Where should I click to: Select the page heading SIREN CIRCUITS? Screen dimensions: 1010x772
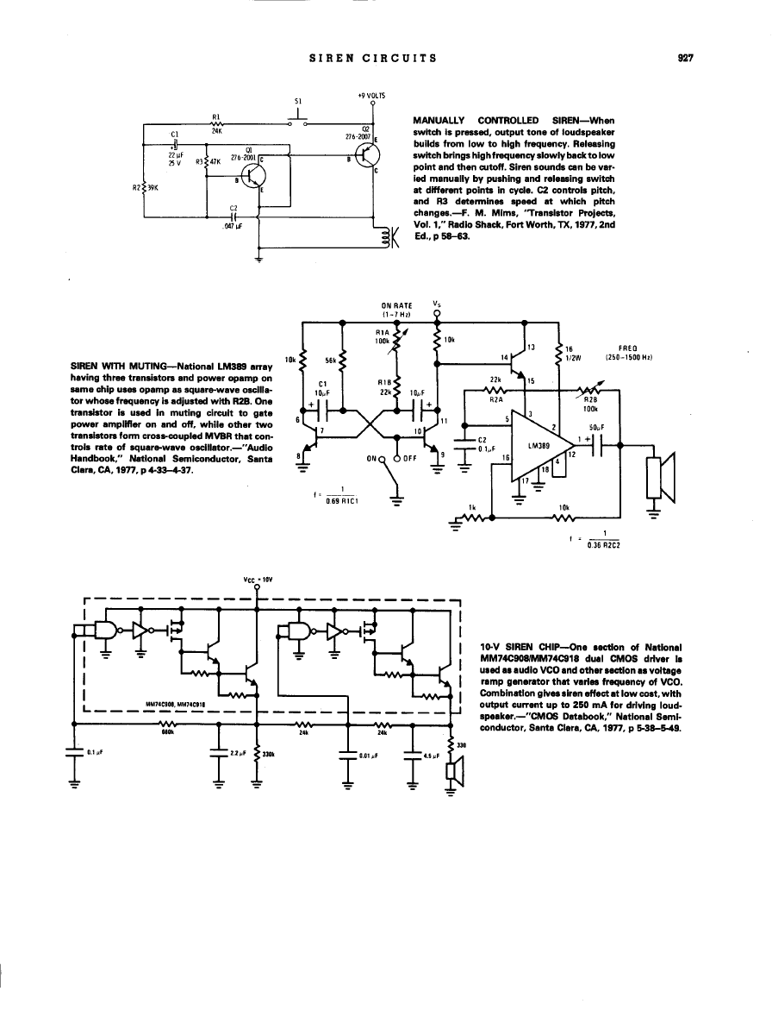pos(372,59)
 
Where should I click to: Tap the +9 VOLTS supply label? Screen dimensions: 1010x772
pos(371,95)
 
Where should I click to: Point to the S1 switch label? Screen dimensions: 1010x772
pos(297,101)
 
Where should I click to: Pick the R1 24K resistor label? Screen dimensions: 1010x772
pos(216,123)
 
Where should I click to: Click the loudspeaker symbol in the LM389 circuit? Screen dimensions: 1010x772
pos(660,479)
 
